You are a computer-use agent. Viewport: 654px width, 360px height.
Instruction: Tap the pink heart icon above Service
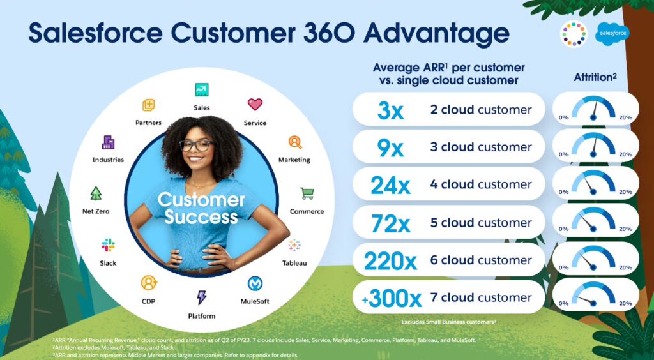[x=255, y=104]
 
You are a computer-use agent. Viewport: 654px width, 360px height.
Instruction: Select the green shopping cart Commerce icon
[x=307, y=193]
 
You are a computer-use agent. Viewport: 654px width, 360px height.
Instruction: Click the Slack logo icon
[x=108, y=245]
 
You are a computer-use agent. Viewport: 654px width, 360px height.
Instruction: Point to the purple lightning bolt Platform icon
[x=201, y=297]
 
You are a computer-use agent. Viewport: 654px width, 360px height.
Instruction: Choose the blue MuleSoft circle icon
[x=255, y=283]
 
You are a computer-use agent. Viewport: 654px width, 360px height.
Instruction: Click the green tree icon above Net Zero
[x=96, y=193]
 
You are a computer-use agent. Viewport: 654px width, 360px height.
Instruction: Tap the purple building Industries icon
[x=108, y=142]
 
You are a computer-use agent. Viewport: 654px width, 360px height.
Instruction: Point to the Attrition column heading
[x=595, y=77]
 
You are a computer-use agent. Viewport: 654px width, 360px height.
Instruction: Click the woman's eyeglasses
[x=197, y=146]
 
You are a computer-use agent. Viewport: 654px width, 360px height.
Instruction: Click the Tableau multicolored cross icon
[x=294, y=245]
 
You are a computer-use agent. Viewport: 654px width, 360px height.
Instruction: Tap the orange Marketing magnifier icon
[x=295, y=142]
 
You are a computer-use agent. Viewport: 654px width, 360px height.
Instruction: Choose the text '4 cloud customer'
[x=481, y=184]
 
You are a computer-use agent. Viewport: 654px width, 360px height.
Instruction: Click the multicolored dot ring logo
[x=574, y=34]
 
